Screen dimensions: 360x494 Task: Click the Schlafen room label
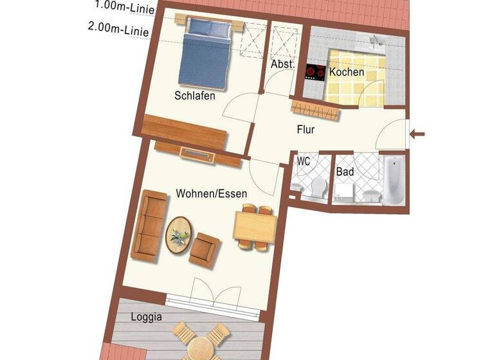(194, 96)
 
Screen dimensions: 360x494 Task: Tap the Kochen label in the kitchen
(347, 72)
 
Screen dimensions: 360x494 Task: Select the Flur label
(306, 129)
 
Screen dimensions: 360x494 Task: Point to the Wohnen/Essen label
(212, 193)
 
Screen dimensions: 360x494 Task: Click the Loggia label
(146, 317)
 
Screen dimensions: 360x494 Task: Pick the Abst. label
(282, 65)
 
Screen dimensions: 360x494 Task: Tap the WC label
(304, 161)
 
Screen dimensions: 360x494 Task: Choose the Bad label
(345, 172)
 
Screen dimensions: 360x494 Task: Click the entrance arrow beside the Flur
(417, 134)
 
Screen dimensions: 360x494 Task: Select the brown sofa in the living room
(150, 224)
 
